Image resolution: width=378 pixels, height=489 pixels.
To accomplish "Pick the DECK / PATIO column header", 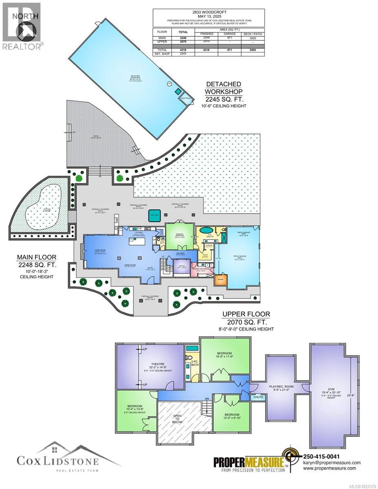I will point(251,34).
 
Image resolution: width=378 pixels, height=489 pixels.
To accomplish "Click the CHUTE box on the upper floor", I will point(258,396).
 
